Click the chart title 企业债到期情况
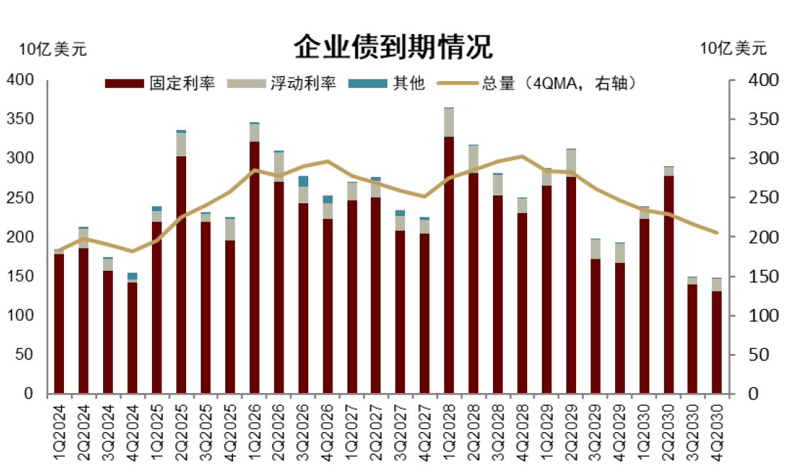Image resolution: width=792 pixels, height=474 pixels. tap(393, 48)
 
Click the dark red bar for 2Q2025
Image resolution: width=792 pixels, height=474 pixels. tap(181, 274)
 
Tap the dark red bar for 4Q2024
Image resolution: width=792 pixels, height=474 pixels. tap(132, 338)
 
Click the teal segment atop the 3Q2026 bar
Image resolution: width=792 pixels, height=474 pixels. tap(303, 181)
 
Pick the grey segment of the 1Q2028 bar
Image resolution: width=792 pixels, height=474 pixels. tap(449, 122)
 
